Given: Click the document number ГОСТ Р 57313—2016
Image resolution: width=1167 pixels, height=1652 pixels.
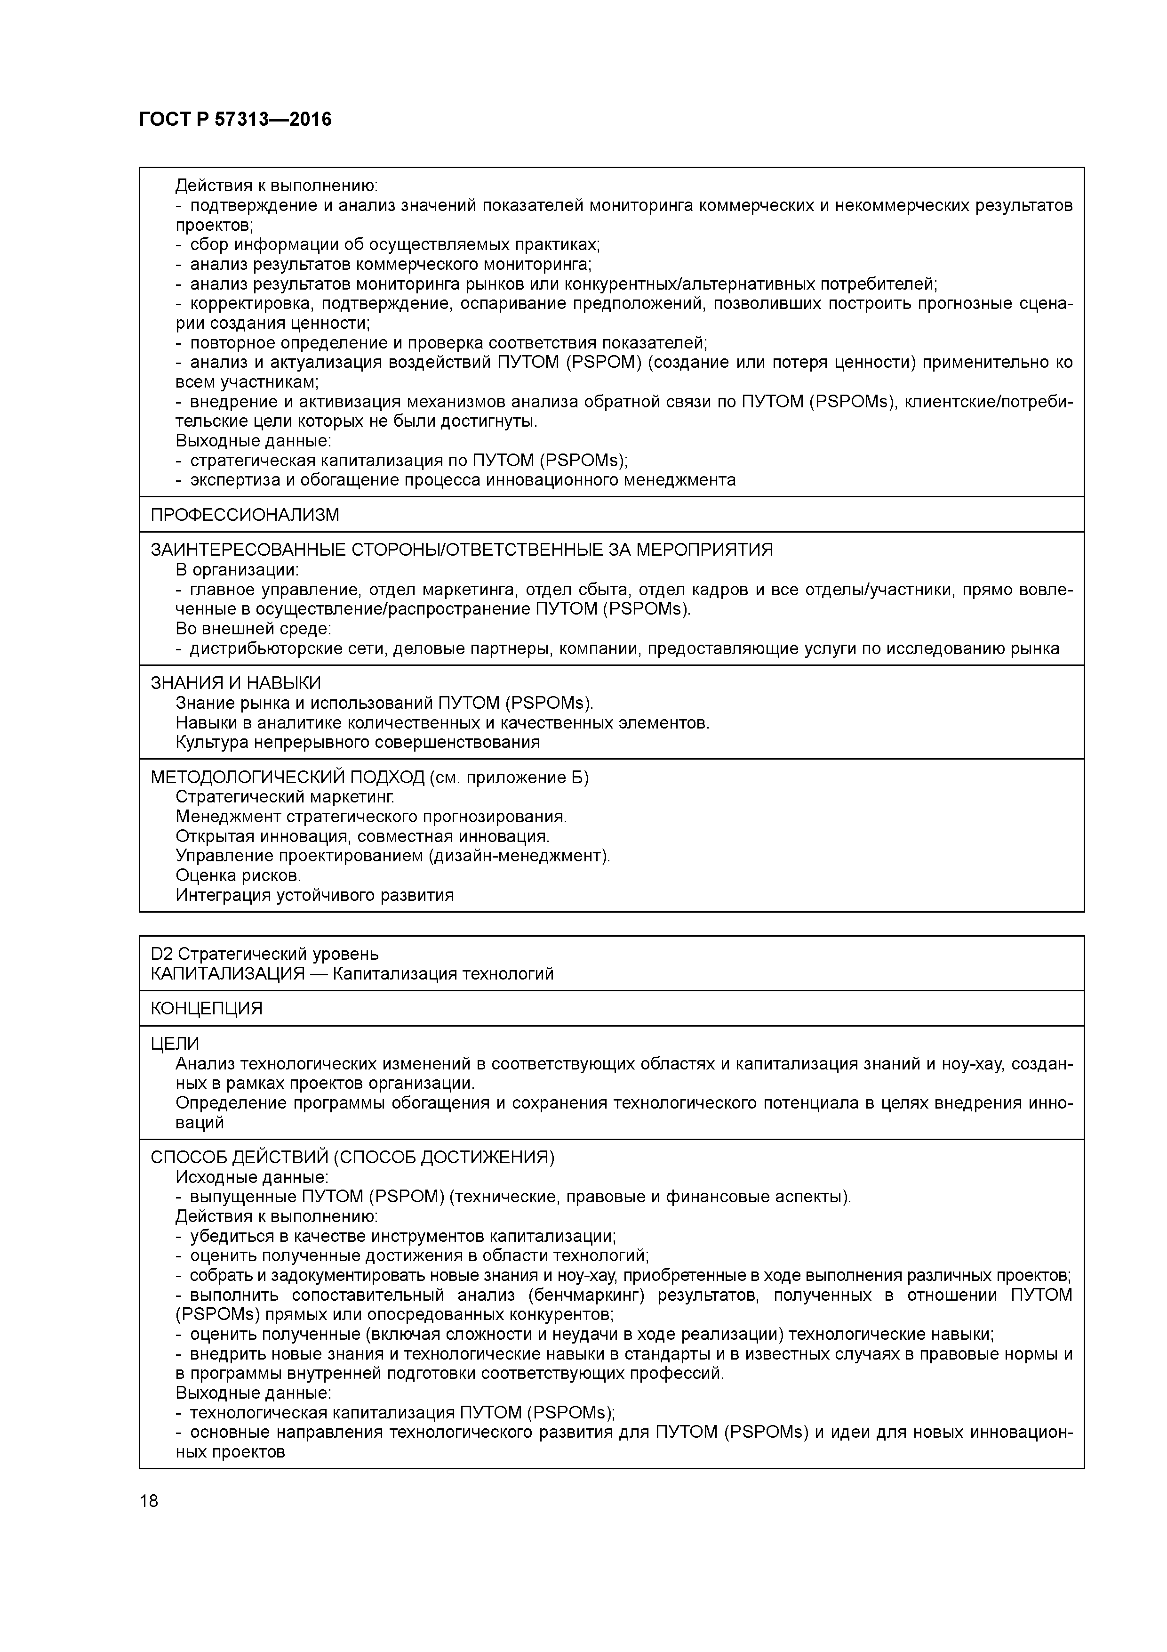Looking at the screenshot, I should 235,120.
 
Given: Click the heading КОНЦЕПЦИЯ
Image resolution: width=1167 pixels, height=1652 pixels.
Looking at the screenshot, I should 207,1008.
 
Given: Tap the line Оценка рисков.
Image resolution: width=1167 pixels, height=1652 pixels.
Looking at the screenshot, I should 238,875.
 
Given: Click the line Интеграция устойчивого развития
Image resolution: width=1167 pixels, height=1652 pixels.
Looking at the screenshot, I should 314,895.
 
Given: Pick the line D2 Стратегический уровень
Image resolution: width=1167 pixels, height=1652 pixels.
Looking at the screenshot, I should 264,954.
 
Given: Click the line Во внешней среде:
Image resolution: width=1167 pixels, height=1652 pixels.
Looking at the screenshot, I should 253,629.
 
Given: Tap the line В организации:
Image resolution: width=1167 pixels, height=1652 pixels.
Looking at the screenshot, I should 237,570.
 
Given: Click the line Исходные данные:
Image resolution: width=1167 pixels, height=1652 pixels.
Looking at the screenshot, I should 252,1177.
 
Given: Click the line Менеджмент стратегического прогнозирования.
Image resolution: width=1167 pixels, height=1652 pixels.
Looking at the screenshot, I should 371,817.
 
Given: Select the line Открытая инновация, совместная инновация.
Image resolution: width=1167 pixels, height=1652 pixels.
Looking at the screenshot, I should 362,836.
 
